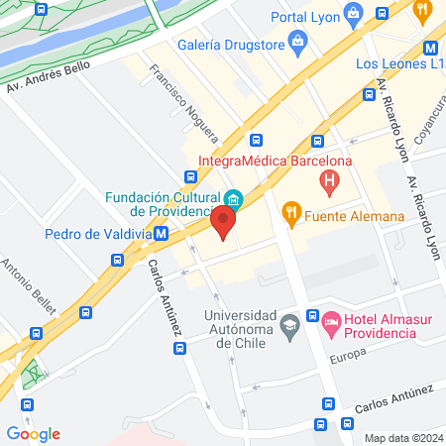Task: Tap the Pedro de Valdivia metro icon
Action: tap(162, 235)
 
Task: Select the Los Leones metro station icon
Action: tap(431, 47)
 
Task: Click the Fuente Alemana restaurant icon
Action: tap(290, 210)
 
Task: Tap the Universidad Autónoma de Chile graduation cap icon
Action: tap(289, 323)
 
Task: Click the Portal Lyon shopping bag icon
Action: tap(354, 14)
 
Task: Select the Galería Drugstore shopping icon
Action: tap(297, 42)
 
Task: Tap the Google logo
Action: tap(33, 433)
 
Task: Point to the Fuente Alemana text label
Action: tap(354, 216)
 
